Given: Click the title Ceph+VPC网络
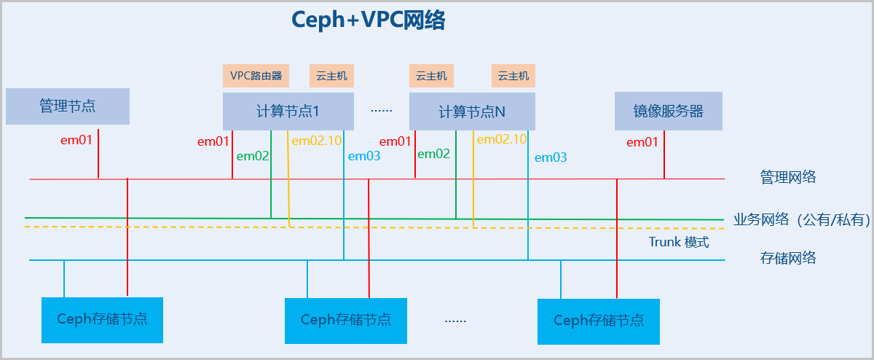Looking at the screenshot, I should (x=368, y=20).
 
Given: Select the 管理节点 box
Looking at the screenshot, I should (x=68, y=106).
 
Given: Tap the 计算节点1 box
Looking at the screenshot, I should (x=288, y=111).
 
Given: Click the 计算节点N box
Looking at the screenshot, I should (x=472, y=111).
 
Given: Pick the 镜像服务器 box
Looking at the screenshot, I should (x=669, y=111).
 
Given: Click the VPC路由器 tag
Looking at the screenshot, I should (x=256, y=75).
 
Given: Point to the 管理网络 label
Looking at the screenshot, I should (x=787, y=177).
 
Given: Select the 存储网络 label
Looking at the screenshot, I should (x=787, y=257).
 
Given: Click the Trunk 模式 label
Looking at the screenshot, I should (x=679, y=242).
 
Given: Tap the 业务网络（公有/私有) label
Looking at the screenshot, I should (x=802, y=219).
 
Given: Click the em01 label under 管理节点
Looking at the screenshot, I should (x=76, y=138).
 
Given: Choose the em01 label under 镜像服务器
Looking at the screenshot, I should (x=643, y=142).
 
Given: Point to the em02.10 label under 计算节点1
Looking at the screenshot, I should (x=317, y=141).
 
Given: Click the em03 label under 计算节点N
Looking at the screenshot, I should (x=551, y=157).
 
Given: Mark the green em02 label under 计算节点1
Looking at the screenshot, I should (x=253, y=154).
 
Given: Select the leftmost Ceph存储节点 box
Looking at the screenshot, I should (x=102, y=319).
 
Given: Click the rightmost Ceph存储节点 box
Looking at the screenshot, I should (x=599, y=321).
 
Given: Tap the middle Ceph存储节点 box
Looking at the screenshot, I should (x=345, y=320).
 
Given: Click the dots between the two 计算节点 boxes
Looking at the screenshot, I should (x=382, y=111).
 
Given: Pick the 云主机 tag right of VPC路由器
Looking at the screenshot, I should (x=332, y=75).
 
